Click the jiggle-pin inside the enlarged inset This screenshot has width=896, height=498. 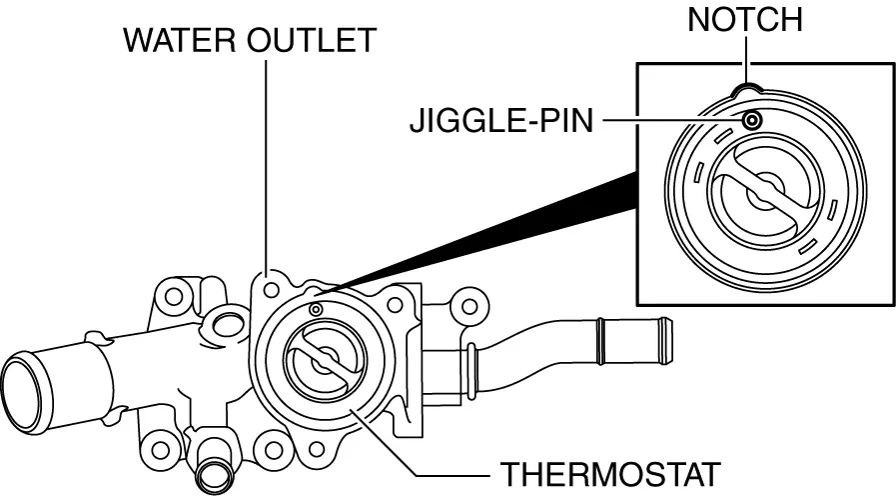(750, 121)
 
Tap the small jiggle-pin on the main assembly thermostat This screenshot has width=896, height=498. (317, 310)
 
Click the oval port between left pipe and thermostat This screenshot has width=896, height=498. (227, 324)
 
